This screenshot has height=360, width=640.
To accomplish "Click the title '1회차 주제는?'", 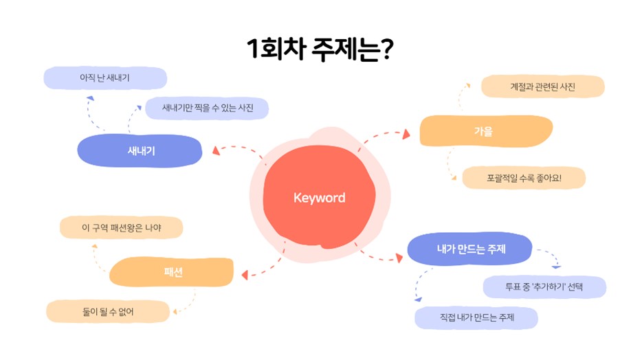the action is coord(320,49).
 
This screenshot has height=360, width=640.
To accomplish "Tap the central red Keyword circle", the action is coord(319,197).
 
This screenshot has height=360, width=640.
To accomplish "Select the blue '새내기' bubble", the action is coord(140,150).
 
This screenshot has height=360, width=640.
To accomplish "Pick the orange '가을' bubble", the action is coord(486,131).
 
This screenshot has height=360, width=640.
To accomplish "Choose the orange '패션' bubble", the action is coord(171,271).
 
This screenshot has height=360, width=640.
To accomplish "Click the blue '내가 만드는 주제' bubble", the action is coord(470,249).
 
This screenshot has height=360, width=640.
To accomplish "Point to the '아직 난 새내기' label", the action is coord(105,78).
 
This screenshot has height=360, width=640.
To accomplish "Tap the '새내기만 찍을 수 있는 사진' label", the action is coord(207,108).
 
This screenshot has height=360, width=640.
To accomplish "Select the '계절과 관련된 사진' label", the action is coord(543,87).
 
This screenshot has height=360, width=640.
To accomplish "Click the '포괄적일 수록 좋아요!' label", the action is coord(524,178).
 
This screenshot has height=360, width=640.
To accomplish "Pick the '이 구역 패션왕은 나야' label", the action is coord(121,227).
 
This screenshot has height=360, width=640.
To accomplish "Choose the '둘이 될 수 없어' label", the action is coord(108,312).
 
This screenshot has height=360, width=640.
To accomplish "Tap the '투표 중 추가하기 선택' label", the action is coord(544,287).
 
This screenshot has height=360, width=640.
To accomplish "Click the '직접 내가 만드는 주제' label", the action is coord(476,317).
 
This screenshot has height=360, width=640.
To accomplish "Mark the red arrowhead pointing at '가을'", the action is coord(406,134).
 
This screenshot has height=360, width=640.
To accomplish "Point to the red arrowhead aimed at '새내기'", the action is coord(217,150).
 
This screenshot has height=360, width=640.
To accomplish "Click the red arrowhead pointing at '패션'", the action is coord(245,275).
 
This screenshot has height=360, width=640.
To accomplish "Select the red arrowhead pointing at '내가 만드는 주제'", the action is coord(399,258).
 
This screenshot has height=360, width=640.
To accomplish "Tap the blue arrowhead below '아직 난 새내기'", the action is coord(90,98).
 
